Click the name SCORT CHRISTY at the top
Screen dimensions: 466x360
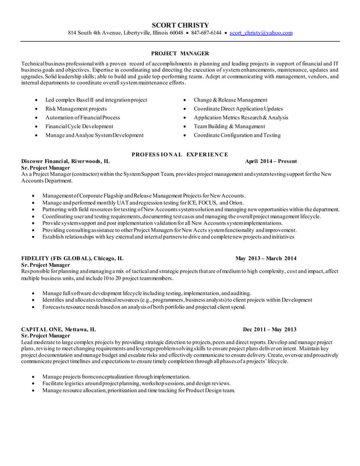click(x=180, y=25)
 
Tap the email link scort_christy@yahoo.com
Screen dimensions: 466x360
click(x=261, y=33)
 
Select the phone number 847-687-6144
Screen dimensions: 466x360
click(x=206, y=33)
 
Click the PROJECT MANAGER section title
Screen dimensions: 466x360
click(x=180, y=53)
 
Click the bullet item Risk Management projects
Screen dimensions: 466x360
click(x=76, y=109)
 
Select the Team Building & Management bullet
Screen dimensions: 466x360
click(x=229, y=126)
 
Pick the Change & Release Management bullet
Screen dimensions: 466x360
click(x=230, y=100)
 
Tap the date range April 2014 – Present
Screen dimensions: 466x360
click(x=271, y=161)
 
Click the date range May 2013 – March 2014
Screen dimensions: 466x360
click(x=266, y=258)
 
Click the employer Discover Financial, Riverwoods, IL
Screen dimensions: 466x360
click(x=62, y=161)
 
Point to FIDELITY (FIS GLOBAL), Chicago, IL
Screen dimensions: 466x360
click(x=72, y=258)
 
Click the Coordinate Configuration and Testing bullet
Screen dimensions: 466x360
click(x=236, y=135)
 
